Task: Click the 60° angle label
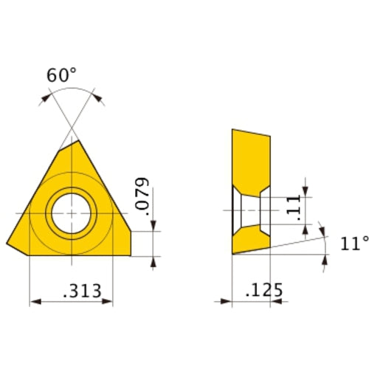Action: [x=62, y=76]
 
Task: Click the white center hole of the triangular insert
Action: [x=71, y=213]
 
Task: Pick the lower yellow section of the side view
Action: [x=251, y=240]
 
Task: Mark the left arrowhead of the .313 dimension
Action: [x=33, y=301]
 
